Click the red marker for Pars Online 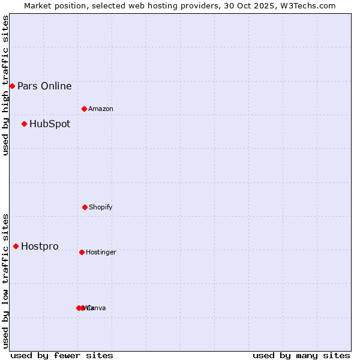[x=12, y=86]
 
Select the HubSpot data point [x=24, y=124]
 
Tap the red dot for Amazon [x=85, y=109]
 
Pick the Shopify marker [x=85, y=207]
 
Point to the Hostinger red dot [x=82, y=252]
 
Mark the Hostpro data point [x=16, y=246]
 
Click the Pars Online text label [x=44, y=86]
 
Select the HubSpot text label [x=50, y=124]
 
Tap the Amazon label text [x=101, y=109]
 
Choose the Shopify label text [x=101, y=207]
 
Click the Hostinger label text [x=101, y=252]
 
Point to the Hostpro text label [x=40, y=246]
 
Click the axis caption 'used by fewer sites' [x=62, y=355]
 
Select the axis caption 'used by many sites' [x=301, y=355]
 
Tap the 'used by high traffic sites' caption [x=5, y=85]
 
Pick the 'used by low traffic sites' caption [x=5, y=281]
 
